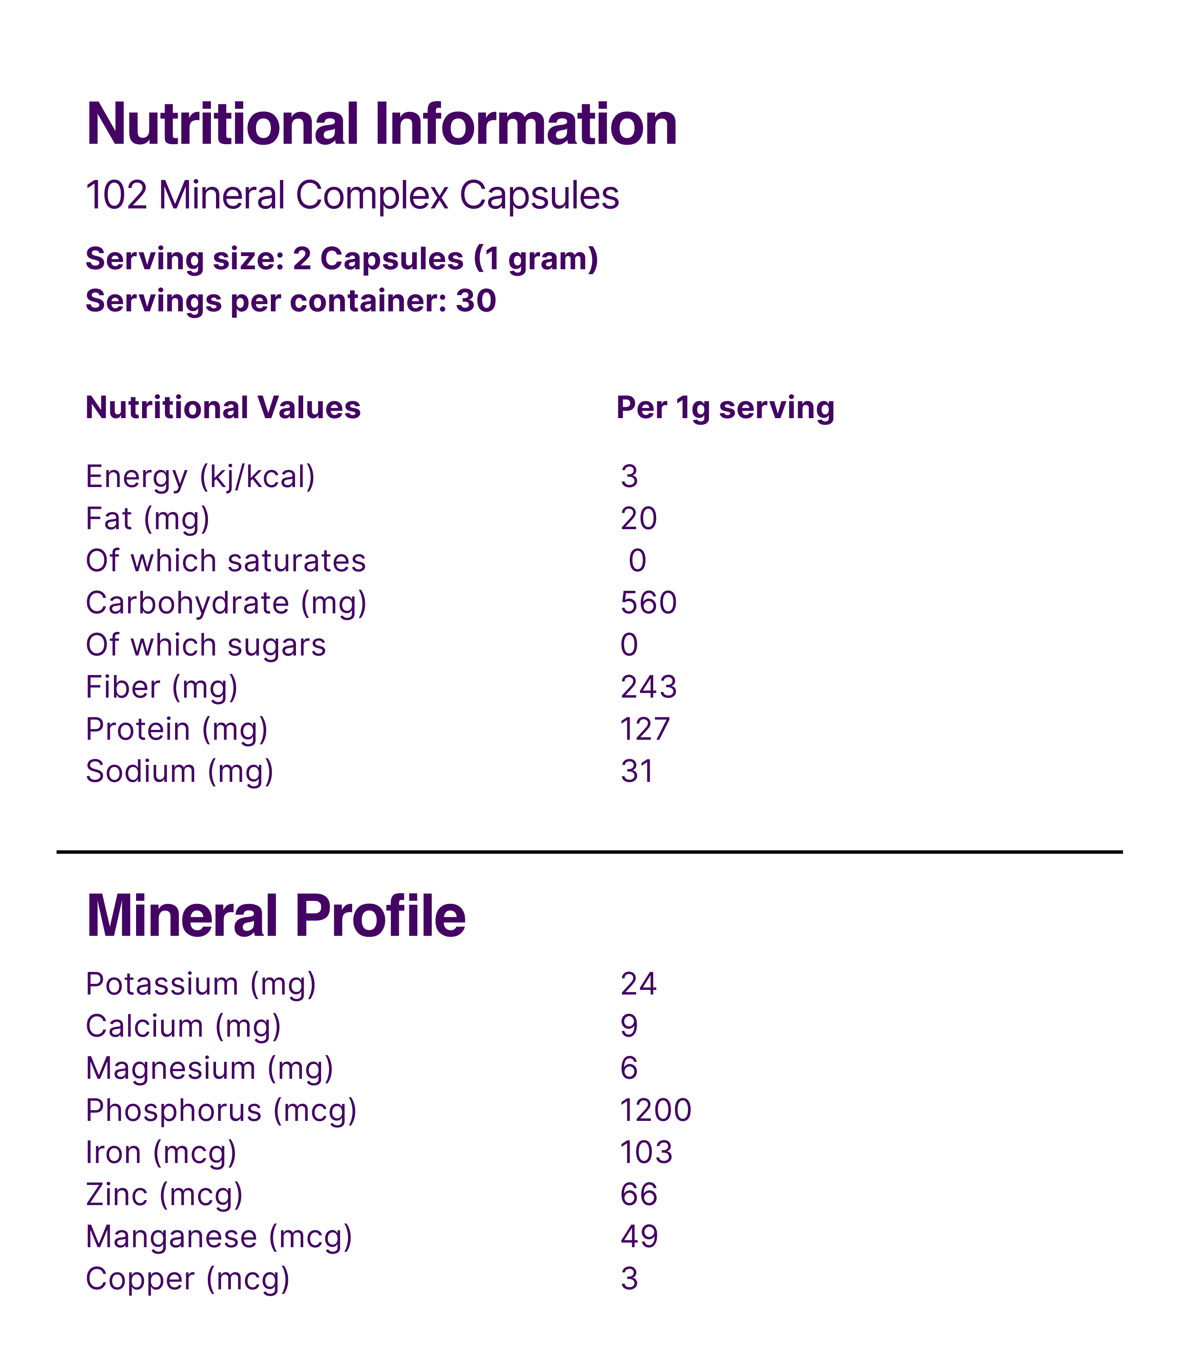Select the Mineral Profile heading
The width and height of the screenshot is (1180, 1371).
click(x=276, y=917)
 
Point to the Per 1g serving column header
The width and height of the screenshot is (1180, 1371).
click(x=725, y=408)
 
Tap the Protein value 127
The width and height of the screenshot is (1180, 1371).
click(x=645, y=729)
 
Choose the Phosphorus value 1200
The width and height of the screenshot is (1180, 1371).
click(x=655, y=1110)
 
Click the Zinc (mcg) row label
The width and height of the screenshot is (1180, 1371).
click(x=164, y=1195)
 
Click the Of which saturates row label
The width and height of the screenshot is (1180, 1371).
click(x=225, y=561)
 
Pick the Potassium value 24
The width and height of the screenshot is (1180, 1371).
click(x=638, y=984)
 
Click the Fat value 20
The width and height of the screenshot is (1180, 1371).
click(x=638, y=519)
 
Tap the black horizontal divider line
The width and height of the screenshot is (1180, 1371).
click(x=589, y=852)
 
